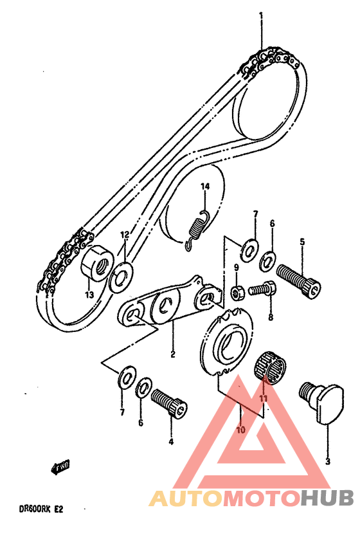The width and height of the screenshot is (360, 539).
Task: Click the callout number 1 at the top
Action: pos(262,15)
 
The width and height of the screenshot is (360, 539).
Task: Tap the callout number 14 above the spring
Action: pos(205,187)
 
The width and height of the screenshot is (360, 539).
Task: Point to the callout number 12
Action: pos(125,235)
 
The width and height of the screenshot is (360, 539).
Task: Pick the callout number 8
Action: pos(271,317)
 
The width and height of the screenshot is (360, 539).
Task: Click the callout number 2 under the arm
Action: pos(173,354)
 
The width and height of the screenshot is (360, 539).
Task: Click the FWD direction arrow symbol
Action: pos(61,466)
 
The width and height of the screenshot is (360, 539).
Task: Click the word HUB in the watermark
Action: pos(327,498)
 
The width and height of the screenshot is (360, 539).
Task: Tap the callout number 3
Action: pos(328,461)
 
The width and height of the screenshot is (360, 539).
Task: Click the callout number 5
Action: pos(301,242)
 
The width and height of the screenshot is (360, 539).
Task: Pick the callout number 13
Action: pos(88,295)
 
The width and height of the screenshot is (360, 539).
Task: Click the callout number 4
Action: pos(170,441)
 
